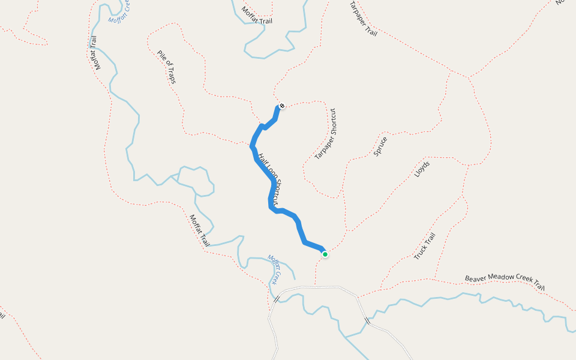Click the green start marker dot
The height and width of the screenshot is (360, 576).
pos(325,254)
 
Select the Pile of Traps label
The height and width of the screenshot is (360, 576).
pos(167,67)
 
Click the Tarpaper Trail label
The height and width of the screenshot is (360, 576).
pos(363,19)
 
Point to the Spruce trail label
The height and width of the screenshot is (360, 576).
pos(380,146)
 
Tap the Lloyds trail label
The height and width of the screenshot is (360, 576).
pos(422,169)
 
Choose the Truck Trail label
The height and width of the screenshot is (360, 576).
pos(424,246)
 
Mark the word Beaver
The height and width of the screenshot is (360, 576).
pos(474,279)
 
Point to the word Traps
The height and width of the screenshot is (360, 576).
pos(172,75)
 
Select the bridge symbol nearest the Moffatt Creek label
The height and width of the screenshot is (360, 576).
pos(277,298)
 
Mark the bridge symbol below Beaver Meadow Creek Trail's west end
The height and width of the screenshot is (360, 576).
pos(368,322)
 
